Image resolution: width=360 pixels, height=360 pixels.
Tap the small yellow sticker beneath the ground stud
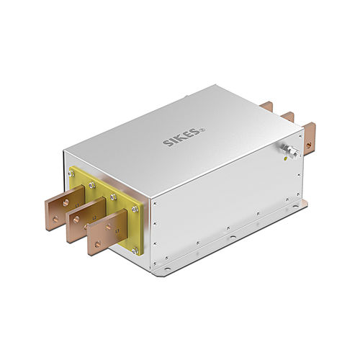288,162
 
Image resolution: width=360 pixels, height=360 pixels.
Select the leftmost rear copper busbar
266,106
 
